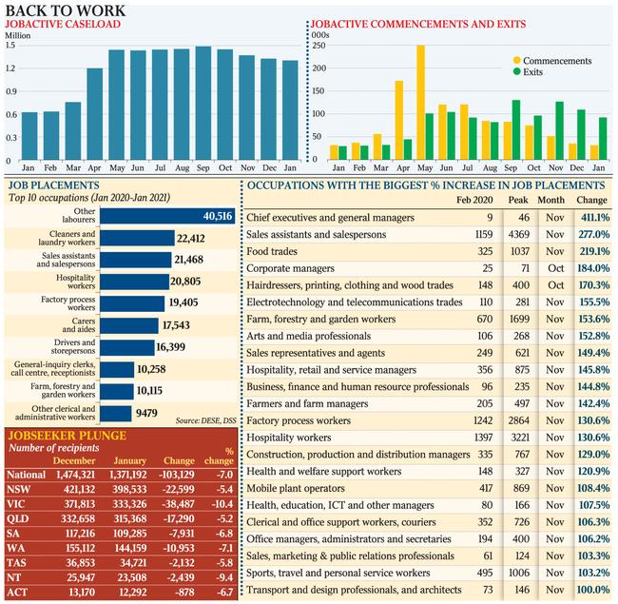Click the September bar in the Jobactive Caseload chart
click(203, 104)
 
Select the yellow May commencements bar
click(421, 103)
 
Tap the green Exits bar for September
click(516, 129)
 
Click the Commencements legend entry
click(552, 61)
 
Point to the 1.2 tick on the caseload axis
click(10, 68)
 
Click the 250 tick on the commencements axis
click(319, 46)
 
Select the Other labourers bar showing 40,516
click(167, 216)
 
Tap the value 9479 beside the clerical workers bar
click(146, 413)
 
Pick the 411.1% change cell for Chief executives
click(595, 218)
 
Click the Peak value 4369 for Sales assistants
click(519, 235)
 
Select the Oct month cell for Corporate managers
click(556, 268)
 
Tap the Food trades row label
click(272, 251)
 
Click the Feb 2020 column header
click(474, 201)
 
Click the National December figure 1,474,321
click(76, 475)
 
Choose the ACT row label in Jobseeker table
click(17, 593)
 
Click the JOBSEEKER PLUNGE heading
click(68, 436)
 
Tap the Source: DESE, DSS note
click(205, 420)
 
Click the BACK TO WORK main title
click(65, 10)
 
